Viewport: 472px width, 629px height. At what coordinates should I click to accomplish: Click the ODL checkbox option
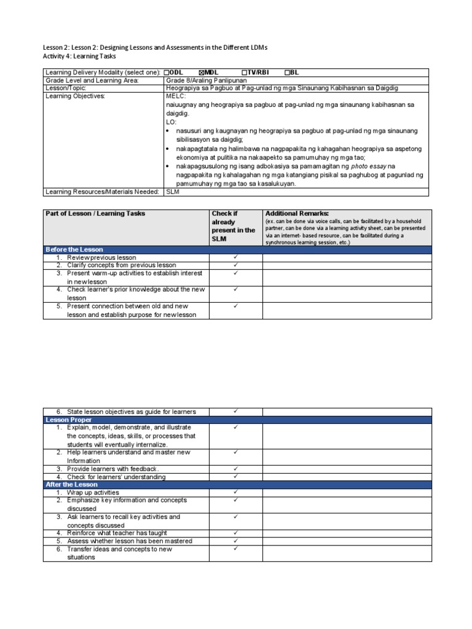(173, 72)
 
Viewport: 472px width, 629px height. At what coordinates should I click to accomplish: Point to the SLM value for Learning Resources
(172, 192)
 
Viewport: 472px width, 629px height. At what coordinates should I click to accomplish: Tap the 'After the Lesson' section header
(72, 485)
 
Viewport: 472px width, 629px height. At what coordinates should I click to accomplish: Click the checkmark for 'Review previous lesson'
(235, 257)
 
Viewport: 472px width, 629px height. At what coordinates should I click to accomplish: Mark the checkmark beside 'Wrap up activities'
(235, 493)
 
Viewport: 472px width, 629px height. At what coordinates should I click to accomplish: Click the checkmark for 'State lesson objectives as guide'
(235, 412)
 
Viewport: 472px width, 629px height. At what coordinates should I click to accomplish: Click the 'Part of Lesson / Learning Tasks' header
(95, 214)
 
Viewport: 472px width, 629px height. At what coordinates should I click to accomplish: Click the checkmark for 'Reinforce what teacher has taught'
(235, 533)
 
